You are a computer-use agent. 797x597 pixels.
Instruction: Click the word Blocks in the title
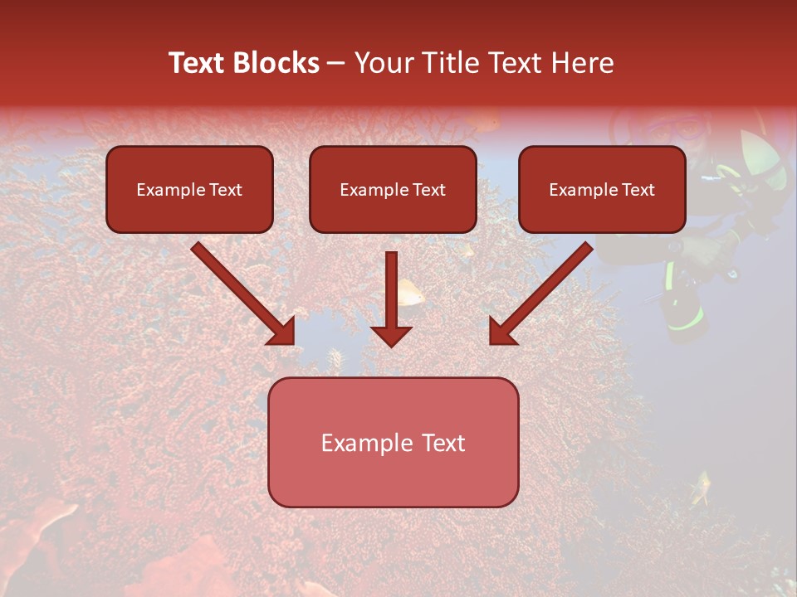[x=277, y=63]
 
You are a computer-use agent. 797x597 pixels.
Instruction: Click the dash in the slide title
[x=336, y=64]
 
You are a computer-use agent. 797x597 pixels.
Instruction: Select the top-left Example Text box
[x=189, y=189]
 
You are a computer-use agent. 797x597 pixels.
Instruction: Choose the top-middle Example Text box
[x=393, y=189]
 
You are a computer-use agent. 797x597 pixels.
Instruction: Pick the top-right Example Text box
[x=602, y=189]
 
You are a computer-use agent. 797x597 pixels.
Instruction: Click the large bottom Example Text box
[x=393, y=442]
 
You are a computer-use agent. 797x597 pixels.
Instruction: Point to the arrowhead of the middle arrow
[x=391, y=335]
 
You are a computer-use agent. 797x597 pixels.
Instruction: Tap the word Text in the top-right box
[x=638, y=190]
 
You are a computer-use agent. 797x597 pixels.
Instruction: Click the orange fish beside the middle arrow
[x=410, y=291]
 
